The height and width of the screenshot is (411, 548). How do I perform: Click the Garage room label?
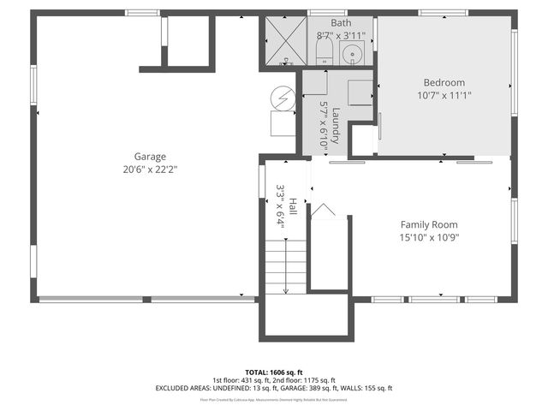[150, 157]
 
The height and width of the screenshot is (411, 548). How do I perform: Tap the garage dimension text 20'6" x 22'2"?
[150, 169]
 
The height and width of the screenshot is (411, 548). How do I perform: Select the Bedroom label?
[445, 83]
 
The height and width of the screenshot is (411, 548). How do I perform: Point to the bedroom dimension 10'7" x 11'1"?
[445, 95]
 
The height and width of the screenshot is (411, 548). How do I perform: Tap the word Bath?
[341, 24]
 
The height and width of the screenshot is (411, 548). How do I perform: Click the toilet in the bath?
[324, 53]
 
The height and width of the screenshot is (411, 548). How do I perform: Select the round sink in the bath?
[352, 54]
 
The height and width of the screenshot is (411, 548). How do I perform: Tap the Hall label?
[292, 205]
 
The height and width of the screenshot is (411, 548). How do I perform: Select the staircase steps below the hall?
[283, 265]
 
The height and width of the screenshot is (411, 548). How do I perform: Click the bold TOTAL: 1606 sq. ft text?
[274, 372]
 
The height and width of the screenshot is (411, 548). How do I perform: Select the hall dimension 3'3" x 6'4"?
[280, 205]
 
